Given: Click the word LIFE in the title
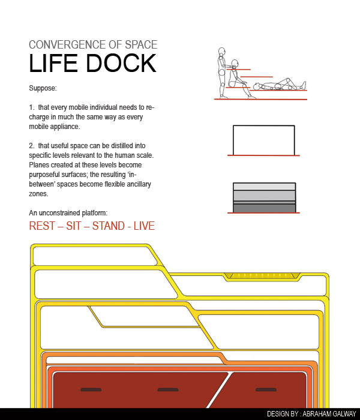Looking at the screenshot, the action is click(x=53, y=63).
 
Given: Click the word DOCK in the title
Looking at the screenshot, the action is click(x=121, y=63).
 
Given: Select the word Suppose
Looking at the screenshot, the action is click(x=43, y=88).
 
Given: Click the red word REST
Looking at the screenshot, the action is click(x=42, y=226).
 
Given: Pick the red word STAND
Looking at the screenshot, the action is click(x=109, y=226).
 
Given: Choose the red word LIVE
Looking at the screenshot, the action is click(x=144, y=226).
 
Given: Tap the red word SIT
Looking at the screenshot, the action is click(x=74, y=226).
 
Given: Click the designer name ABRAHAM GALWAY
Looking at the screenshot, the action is click(x=329, y=414).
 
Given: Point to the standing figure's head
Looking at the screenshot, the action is click(x=222, y=51).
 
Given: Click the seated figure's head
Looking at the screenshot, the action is click(x=235, y=63).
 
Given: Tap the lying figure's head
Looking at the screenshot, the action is click(x=257, y=86).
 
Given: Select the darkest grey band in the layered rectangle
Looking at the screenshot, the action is click(x=265, y=208).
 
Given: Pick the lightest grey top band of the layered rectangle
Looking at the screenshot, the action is click(x=265, y=187).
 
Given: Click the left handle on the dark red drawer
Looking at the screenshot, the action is click(x=91, y=390).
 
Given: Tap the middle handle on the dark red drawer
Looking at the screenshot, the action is click(x=168, y=390).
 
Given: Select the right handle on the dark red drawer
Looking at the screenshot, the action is click(x=266, y=390).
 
